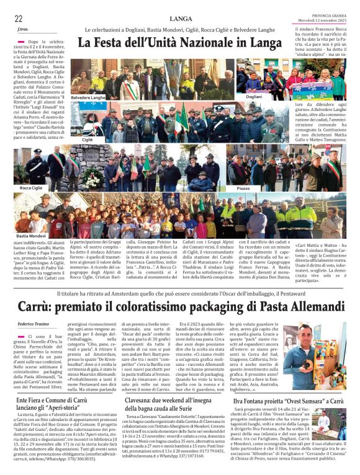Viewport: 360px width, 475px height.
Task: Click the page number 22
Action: (x=18, y=19)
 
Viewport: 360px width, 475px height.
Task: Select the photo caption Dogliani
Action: (x=253, y=97)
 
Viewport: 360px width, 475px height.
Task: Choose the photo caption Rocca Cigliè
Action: (x=30, y=187)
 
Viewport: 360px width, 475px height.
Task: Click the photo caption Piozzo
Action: (x=243, y=187)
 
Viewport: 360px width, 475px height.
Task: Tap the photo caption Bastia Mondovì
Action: (x=31, y=236)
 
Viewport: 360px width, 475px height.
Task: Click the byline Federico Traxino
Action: (x=34, y=324)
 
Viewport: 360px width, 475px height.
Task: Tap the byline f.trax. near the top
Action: (x=24, y=30)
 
